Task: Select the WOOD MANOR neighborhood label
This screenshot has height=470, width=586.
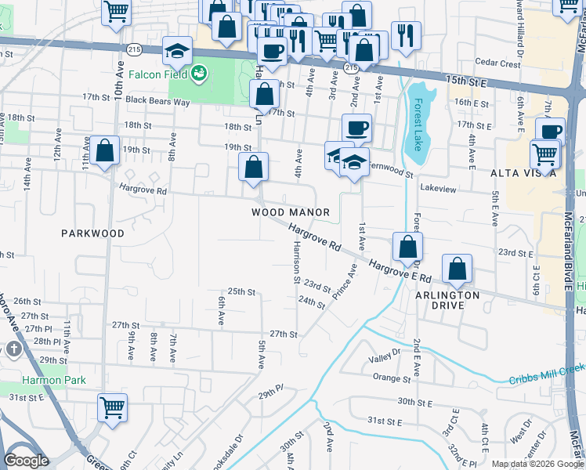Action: [290, 212]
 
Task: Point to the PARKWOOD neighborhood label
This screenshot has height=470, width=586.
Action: [93, 233]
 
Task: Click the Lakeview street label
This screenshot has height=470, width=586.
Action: [437, 189]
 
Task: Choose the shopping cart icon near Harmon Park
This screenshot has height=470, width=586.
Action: [112, 407]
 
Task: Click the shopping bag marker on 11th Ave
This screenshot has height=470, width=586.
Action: [103, 150]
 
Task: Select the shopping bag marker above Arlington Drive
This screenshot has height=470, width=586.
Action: [457, 268]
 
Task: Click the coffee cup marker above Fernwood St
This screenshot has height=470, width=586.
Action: [356, 127]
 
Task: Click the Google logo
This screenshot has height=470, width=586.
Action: [26, 461]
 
